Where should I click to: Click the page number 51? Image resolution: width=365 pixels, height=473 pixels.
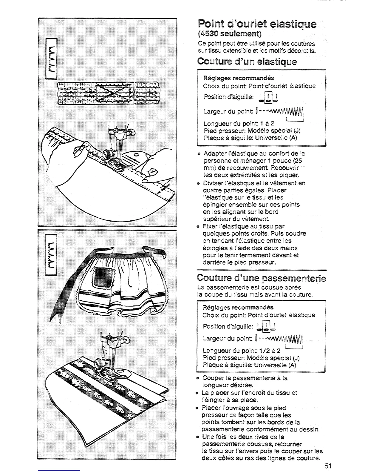pos(328,466)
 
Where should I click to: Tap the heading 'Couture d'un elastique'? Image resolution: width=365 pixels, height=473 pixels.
pos(247,62)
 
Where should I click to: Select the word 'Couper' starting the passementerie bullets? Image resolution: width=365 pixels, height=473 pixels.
pos(212,378)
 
